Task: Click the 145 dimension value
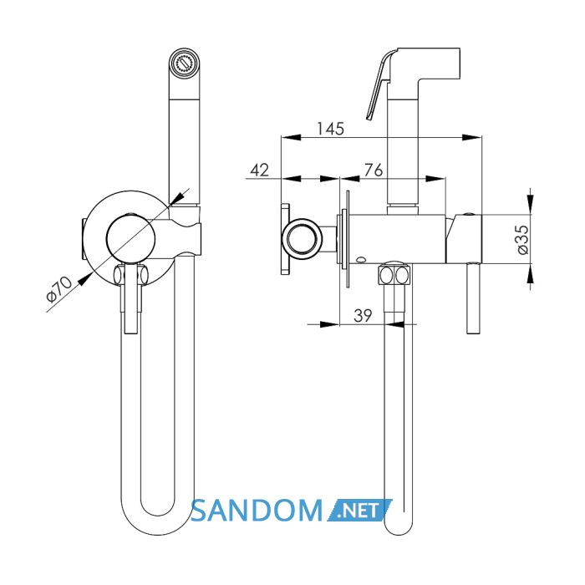tap(330, 129)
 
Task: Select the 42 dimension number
tap(259, 170)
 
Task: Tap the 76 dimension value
tap(374, 170)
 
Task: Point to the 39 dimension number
tap(363, 316)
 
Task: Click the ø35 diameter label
tap(523, 239)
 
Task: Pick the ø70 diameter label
tap(58, 288)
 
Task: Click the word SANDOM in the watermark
tap(257, 510)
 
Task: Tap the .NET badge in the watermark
tap(359, 510)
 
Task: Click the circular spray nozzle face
tap(185, 63)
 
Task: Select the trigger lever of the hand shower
tap(379, 85)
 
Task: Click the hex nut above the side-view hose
tap(394, 274)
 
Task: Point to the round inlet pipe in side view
tap(302, 239)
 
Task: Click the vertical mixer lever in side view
tap(474, 298)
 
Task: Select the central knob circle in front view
tap(130, 238)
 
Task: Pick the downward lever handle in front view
tap(131, 298)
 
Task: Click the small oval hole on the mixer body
tap(361, 259)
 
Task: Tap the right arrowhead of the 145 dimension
tap(471, 137)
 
